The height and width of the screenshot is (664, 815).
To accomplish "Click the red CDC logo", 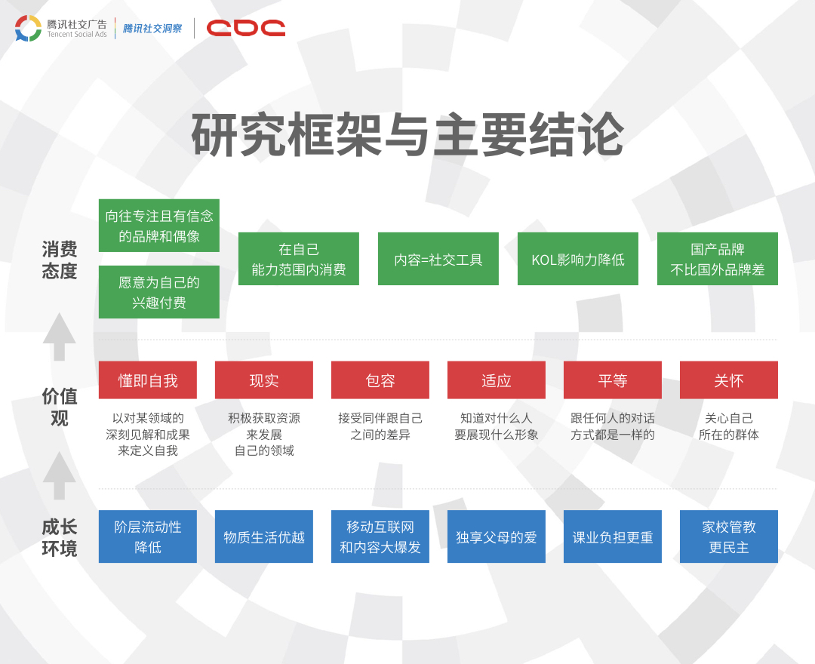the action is [x=246, y=28].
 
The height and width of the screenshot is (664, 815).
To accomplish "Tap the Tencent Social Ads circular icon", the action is [x=28, y=28].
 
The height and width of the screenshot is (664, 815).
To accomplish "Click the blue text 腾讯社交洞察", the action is [x=152, y=29].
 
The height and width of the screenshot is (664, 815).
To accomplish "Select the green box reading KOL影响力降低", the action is [x=578, y=259].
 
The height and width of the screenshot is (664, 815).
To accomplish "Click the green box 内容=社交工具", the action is [x=438, y=259].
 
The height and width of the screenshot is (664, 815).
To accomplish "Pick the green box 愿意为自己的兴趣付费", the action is [x=159, y=292].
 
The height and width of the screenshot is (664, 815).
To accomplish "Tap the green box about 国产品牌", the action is [x=718, y=259].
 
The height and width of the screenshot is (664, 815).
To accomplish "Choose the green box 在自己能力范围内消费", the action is [x=299, y=259].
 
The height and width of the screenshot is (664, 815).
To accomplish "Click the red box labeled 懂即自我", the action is [x=148, y=380].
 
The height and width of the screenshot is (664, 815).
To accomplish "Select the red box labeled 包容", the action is [x=380, y=380].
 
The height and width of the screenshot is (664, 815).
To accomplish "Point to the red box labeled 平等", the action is [x=613, y=380].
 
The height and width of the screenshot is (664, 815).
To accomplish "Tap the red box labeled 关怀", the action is [x=729, y=380].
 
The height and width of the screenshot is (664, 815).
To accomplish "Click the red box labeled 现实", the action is [x=264, y=380].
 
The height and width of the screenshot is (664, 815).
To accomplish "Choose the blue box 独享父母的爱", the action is [x=497, y=536].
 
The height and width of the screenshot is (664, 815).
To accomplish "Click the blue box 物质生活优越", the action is [x=264, y=536].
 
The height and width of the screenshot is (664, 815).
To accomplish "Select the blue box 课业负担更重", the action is [x=613, y=536].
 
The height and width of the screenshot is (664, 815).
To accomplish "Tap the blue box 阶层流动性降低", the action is [x=148, y=536].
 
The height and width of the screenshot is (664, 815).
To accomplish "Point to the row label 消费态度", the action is [x=60, y=260].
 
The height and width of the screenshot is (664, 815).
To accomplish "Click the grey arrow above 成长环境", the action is [x=60, y=476].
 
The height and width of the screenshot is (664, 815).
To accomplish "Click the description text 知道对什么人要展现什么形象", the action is [x=497, y=426].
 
